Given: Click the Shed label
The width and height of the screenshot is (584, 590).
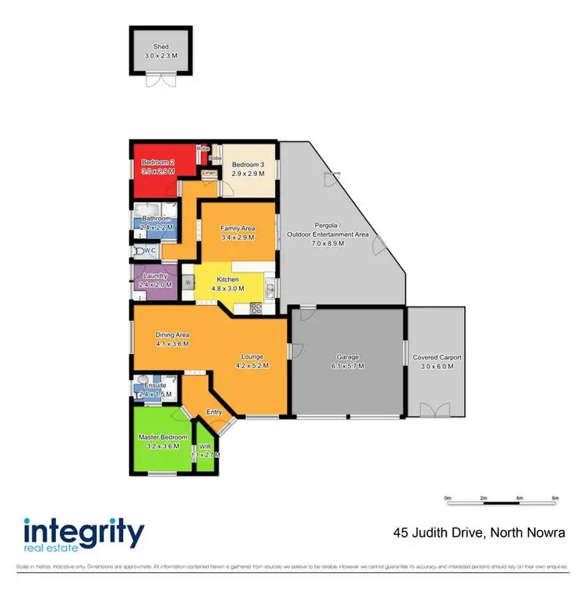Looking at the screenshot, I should click(x=161, y=46).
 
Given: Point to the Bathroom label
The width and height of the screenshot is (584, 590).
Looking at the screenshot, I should click(x=157, y=219).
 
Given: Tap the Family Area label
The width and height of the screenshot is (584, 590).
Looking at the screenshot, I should click(x=238, y=228).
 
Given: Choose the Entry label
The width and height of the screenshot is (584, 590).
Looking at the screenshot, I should click(x=214, y=413).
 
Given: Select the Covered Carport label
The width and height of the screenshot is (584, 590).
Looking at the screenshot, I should click(x=437, y=357).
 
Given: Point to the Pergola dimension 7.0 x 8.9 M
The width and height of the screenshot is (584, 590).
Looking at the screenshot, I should click(x=327, y=244).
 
